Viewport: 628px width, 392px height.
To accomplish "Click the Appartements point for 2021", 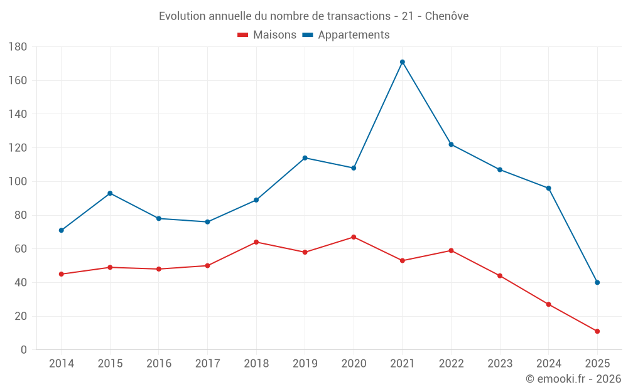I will pyautogui.click(x=403, y=62).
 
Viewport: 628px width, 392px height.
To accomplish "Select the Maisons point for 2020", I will pyautogui.click(x=354, y=237).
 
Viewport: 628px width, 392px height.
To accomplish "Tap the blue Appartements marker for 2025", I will pyautogui.click(x=597, y=282).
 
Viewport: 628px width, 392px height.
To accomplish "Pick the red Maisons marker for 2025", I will pyautogui.click(x=597, y=331).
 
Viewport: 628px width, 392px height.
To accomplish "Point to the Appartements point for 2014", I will pyautogui.click(x=62, y=230).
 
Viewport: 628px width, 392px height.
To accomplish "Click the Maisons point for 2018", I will pyautogui.click(x=256, y=242).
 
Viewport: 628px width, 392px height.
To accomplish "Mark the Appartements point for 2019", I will pyautogui.click(x=305, y=158).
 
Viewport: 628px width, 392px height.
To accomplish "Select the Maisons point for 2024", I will pyautogui.click(x=548, y=304).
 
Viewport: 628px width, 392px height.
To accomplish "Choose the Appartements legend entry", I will pyautogui.click(x=354, y=35).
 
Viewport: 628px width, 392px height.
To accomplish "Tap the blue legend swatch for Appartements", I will pyautogui.click(x=308, y=35).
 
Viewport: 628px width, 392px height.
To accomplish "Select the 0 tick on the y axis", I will pyautogui.click(x=23, y=350).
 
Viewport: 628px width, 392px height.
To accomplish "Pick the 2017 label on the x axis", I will pyautogui.click(x=207, y=364).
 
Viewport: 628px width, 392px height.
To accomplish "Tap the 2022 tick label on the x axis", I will pyautogui.click(x=451, y=364).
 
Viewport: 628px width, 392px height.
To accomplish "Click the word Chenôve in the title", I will pyautogui.click(x=447, y=16).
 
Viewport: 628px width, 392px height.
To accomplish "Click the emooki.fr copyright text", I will pyautogui.click(x=573, y=379).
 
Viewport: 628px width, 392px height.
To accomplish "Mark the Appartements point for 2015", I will pyautogui.click(x=110, y=193).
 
